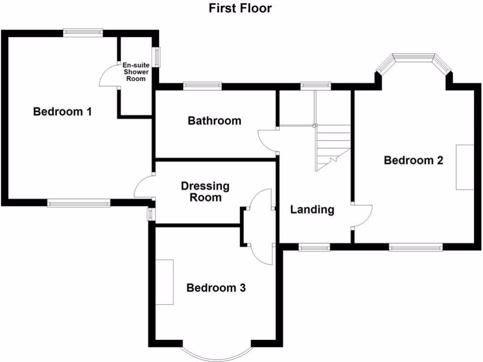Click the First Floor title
coord(241,8)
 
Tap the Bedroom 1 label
coord(62,112)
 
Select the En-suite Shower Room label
coord(135,72)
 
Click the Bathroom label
coord(214,121)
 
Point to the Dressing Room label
coord(205,191)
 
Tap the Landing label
coord(312,209)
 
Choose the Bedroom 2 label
coord(413,160)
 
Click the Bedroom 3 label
coord(216,288)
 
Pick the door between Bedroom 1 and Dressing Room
coord(143,187)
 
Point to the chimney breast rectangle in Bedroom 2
coord(464,167)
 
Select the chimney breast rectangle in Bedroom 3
coord(165,282)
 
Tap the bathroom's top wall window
coord(202,85)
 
